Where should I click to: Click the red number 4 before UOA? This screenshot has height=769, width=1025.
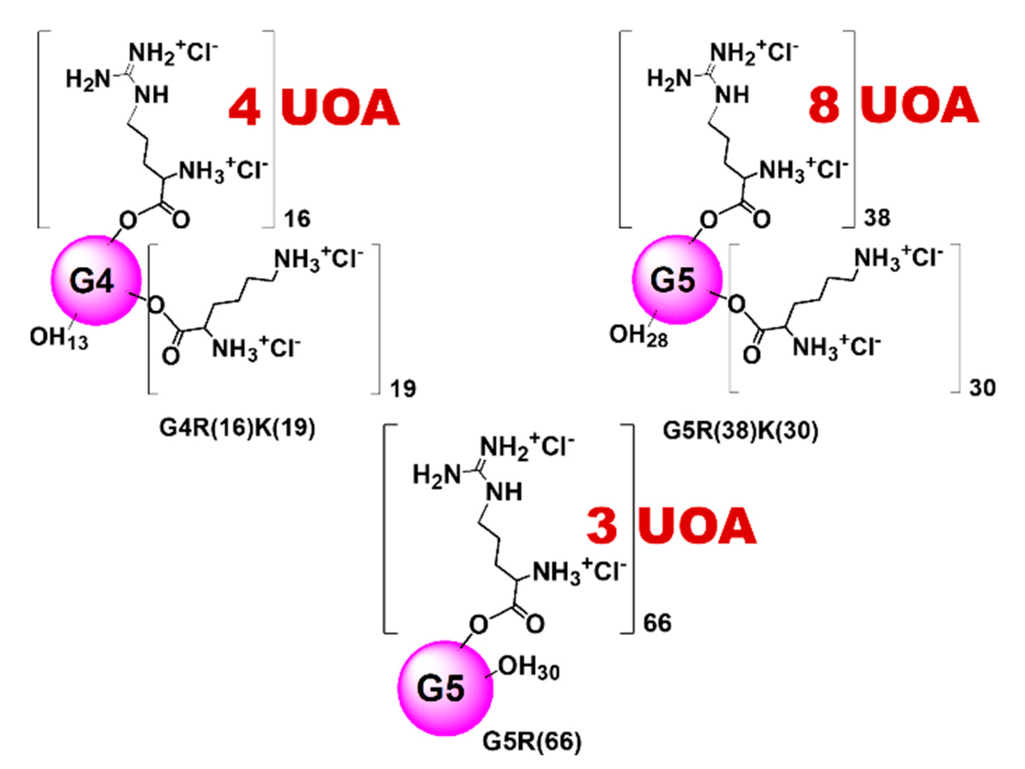pyautogui.click(x=244, y=108)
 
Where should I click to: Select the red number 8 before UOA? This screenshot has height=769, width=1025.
pyautogui.click(x=824, y=105)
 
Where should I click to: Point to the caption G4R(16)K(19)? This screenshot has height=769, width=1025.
pyautogui.click(x=237, y=428)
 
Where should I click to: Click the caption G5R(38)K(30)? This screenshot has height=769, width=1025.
pyautogui.click(x=741, y=431)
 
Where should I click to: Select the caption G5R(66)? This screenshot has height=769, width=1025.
pyautogui.click(x=532, y=741)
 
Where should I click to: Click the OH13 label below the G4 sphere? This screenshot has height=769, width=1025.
pyautogui.click(x=59, y=338)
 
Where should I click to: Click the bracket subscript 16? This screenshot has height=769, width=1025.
pyautogui.click(x=297, y=219)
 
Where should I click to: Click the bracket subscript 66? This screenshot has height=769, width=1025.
pyautogui.click(x=657, y=623)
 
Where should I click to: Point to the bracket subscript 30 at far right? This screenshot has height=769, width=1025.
pyautogui.click(x=982, y=387)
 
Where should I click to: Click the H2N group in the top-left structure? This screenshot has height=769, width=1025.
pyautogui.click(x=88, y=79)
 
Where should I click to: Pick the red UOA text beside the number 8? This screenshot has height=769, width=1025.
pyautogui.click(x=920, y=105)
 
